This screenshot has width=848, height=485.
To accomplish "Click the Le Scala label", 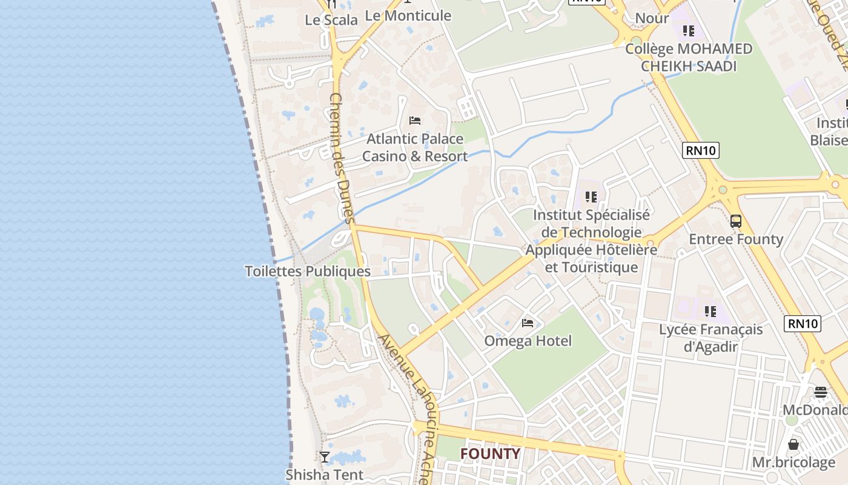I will click(331, 20).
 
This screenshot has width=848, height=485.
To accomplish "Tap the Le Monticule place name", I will click(409, 16).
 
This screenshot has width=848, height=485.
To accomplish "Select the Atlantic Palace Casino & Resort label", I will click(415, 147).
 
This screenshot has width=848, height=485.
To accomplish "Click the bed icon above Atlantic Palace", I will click(415, 120).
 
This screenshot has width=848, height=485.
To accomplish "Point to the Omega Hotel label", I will click(528, 341).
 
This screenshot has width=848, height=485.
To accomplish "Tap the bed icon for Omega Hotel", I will click(528, 323).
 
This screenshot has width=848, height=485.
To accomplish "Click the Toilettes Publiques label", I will click(308, 271).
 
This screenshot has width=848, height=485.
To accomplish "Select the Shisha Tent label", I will click(325, 475).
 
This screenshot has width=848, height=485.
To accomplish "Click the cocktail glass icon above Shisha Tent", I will click(325, 457).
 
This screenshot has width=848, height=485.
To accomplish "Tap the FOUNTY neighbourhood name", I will click(490, 453).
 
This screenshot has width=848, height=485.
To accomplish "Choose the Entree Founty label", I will click(736, 239).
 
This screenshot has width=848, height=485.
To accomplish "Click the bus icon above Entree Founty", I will click(736, 221).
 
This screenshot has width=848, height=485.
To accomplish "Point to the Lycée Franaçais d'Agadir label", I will click(711, 338).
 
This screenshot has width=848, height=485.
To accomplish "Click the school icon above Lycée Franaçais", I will click(711, 312).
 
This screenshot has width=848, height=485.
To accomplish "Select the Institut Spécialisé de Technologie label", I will click(591, 241).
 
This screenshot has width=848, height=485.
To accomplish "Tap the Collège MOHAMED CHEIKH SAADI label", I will click(689, 57).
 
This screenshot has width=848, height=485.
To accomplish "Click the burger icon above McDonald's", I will click(821, 392).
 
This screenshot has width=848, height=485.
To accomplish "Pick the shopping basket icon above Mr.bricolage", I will click(793, 444).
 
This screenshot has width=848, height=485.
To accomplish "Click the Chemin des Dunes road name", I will click(343, 158).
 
